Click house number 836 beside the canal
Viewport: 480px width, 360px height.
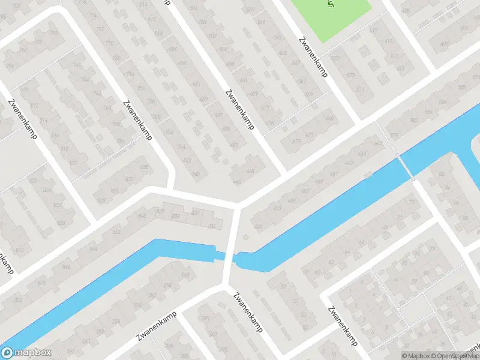(x=211, y=226)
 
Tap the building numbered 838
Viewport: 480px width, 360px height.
(x=176, y=216)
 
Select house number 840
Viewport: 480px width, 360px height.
(x=142, y=215)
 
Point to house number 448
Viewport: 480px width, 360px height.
(x=250, y=170)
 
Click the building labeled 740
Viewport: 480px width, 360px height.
(x=195, y=174)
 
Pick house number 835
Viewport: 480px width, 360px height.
(x=144, y=166)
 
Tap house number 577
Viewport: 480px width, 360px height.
(x=360, y=89)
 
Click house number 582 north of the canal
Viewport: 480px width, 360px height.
(x=413, y=120)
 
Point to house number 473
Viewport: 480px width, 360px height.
(x=296, y=141)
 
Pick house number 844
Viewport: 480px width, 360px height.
(x=93, y=248)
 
